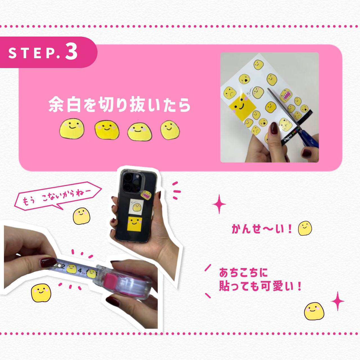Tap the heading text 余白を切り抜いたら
(x=119, y=105)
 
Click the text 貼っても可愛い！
(x=260, y=286)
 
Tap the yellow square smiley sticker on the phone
(x=134, y=224)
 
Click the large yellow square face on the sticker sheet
(x=242, y=107)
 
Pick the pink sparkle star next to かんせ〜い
(x=219, y=204)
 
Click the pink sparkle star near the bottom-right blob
(x=337, y=301)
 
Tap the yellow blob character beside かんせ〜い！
(x=305, y=228)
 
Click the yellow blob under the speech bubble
(x=82, y=216)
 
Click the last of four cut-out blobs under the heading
(x=170, y=130)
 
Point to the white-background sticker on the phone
(x=136, y=207)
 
